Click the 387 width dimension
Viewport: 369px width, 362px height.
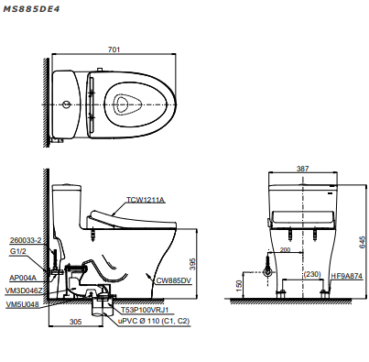pyautogui.click(x=302, y=170)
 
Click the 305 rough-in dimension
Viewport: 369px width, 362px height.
pyautogui.click(x=76, y=321)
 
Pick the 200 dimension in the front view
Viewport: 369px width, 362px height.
pyautogui.click(x=285, y=249)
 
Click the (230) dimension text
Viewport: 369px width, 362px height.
pyautogui.click(x=311, y=274)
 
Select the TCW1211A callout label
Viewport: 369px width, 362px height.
pyautogui.click(x=145, y=199)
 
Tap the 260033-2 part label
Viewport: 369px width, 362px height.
pyautogui.click(x=26, y=240)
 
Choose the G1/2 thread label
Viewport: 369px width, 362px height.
pyautogui.click(x=18, y=250)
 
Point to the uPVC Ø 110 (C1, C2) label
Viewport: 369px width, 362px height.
pyautogui.click(x=154, y=323)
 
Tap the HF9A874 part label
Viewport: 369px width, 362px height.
pyautogui.click(x=345, y=274)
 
